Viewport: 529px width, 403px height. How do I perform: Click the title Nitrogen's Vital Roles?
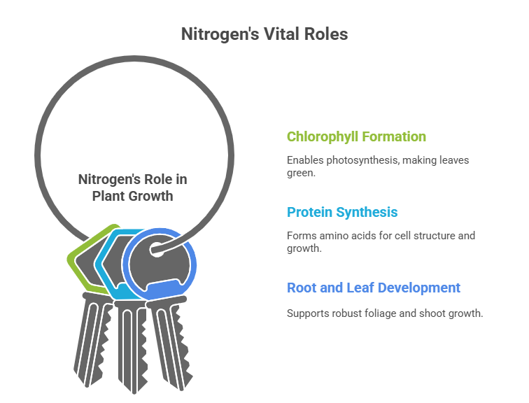pos(264,34)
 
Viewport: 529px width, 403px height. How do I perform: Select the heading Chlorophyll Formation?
pos(356,136)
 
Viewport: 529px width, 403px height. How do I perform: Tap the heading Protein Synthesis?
pos(342,212)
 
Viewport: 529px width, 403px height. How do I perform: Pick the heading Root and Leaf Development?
pos(374,288)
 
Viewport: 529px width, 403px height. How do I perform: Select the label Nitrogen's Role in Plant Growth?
pos(132,187)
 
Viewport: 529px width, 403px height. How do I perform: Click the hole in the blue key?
pos(157,248)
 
